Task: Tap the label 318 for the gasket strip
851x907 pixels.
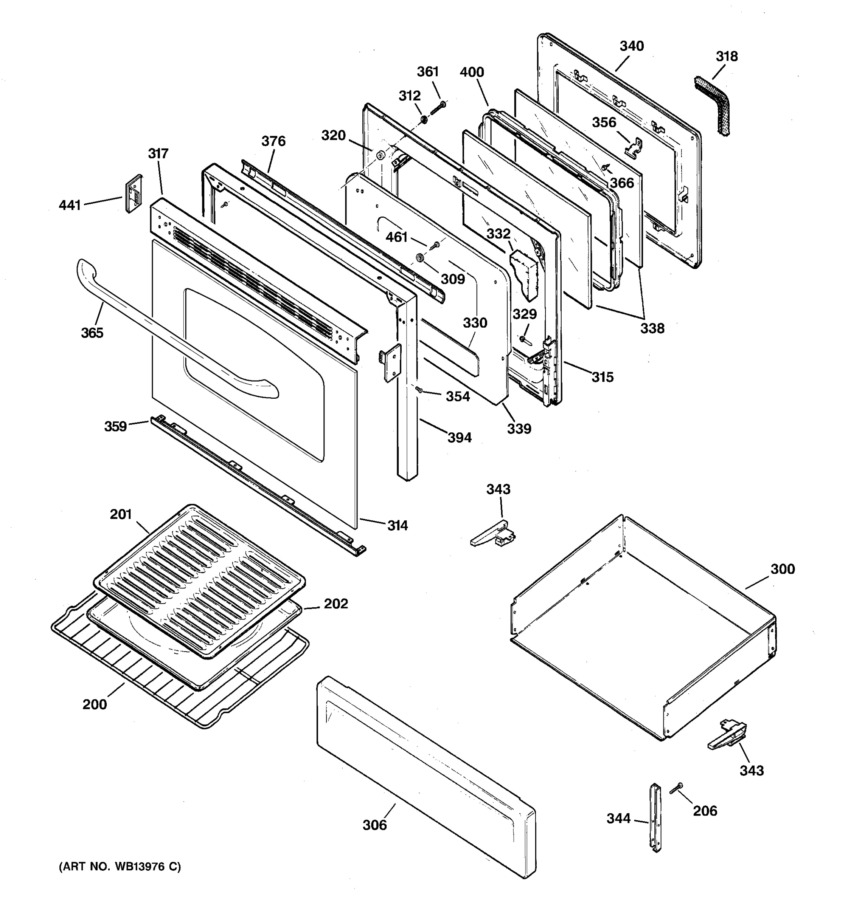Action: (x=726, y=57)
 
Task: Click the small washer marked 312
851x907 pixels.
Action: (x=424, y=119)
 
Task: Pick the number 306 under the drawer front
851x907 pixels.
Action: (x=374, y=825)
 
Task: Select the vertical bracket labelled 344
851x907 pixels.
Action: (x=655, y=817)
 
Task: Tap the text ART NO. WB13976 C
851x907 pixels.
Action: (x=120, y=867)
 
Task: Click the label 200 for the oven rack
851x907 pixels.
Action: (x=95, y=704)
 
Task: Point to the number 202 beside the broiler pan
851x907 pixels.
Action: (x=336, y=604)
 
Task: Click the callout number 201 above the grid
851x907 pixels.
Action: (x=121, y=514)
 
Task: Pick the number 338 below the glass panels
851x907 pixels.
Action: (x=652, y=328)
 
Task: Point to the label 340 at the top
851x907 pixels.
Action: (x=631, y=46)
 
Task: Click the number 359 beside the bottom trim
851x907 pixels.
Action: (x=115, y=426)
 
